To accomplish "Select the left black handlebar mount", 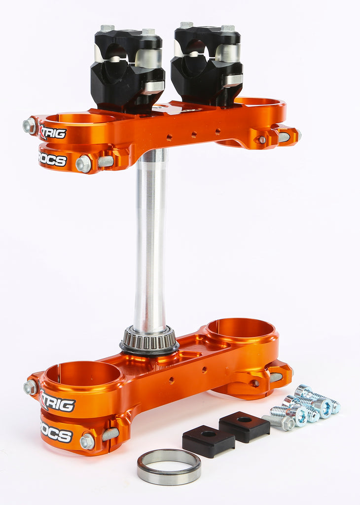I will [127, 67].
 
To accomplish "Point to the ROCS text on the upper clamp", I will [52, 159].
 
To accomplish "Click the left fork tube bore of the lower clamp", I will [82, 374].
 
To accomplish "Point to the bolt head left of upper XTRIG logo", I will [30, 125].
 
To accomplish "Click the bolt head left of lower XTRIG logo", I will [31, 387].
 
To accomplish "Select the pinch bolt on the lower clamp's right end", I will [277, 377].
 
